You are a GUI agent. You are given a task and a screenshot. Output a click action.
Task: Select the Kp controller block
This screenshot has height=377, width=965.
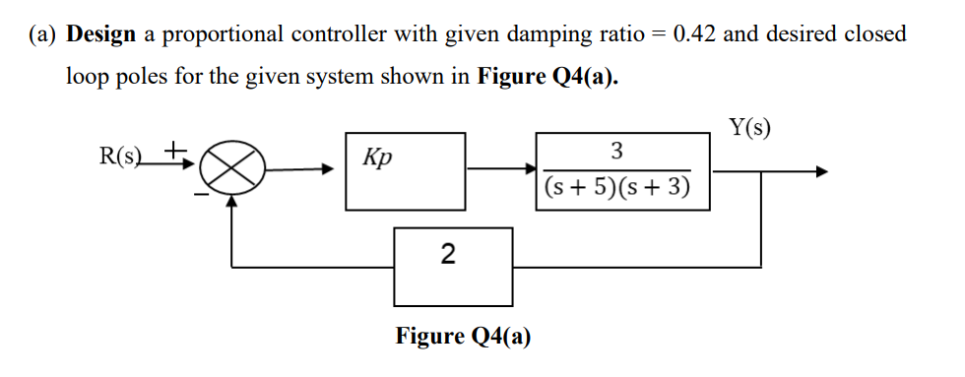pos(405,171)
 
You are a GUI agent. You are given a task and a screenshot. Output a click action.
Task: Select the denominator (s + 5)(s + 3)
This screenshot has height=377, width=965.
pos(616,187)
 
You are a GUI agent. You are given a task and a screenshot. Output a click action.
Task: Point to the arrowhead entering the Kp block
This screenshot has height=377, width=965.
pos(336,170)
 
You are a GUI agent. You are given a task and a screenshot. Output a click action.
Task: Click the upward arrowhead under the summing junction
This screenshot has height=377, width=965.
pos(232,201)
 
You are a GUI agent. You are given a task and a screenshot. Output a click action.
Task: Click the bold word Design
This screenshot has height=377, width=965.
pos(101,34)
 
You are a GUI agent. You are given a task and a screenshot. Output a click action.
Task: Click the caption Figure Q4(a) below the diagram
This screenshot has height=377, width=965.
pos(463,337)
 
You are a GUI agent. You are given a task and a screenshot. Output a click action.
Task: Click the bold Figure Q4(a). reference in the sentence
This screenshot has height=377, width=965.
pos(547,79)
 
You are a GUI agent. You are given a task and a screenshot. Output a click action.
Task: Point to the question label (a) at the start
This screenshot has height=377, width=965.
pos(44,34)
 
